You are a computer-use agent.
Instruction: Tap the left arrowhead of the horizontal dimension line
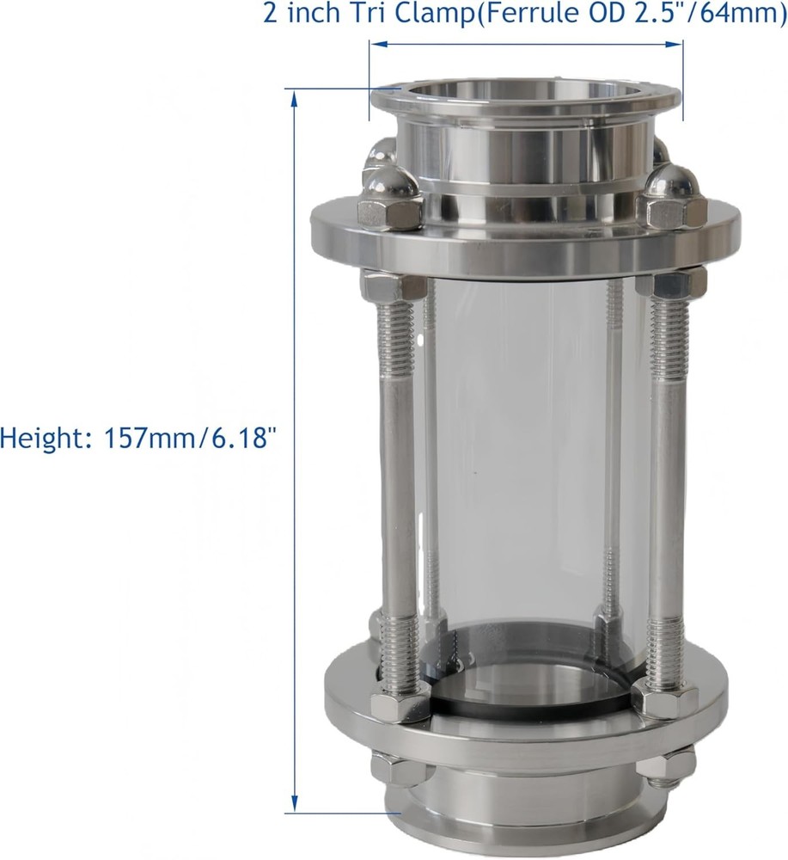click(374, 45)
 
